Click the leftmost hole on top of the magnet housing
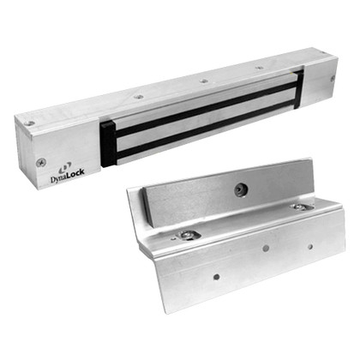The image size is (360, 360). click(x=31, y=123)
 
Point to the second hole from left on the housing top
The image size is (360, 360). click(x=138, y=97)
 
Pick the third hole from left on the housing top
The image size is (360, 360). click(x=203, y=81)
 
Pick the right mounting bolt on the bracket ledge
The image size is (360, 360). click(x=297, y=207)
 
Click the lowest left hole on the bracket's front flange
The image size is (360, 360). click(x=216, y=277)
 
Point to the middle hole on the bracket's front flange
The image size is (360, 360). click(x=266, y=248)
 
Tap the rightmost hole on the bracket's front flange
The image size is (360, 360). click(x=310, y=247)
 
